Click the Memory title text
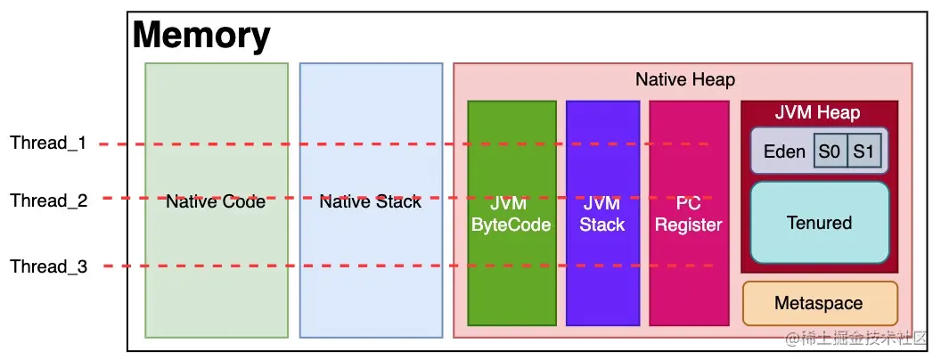click(201, 36)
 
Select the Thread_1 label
click(48, 143)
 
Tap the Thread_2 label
click(48, 200)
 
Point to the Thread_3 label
click(48, 266)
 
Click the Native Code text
click(216, 202)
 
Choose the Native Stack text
click(370, 202)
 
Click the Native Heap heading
click(684, 79)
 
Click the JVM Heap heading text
click(817, 112)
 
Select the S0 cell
click(829, 151)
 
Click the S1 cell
click(863, 151)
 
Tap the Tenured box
click(819, 223)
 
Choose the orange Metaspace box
click(819, 303)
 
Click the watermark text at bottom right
click(855, 340)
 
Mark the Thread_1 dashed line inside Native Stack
click(370, 143)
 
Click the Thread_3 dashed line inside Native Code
click(216, 266)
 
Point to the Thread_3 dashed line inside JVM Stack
click(602, 266)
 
